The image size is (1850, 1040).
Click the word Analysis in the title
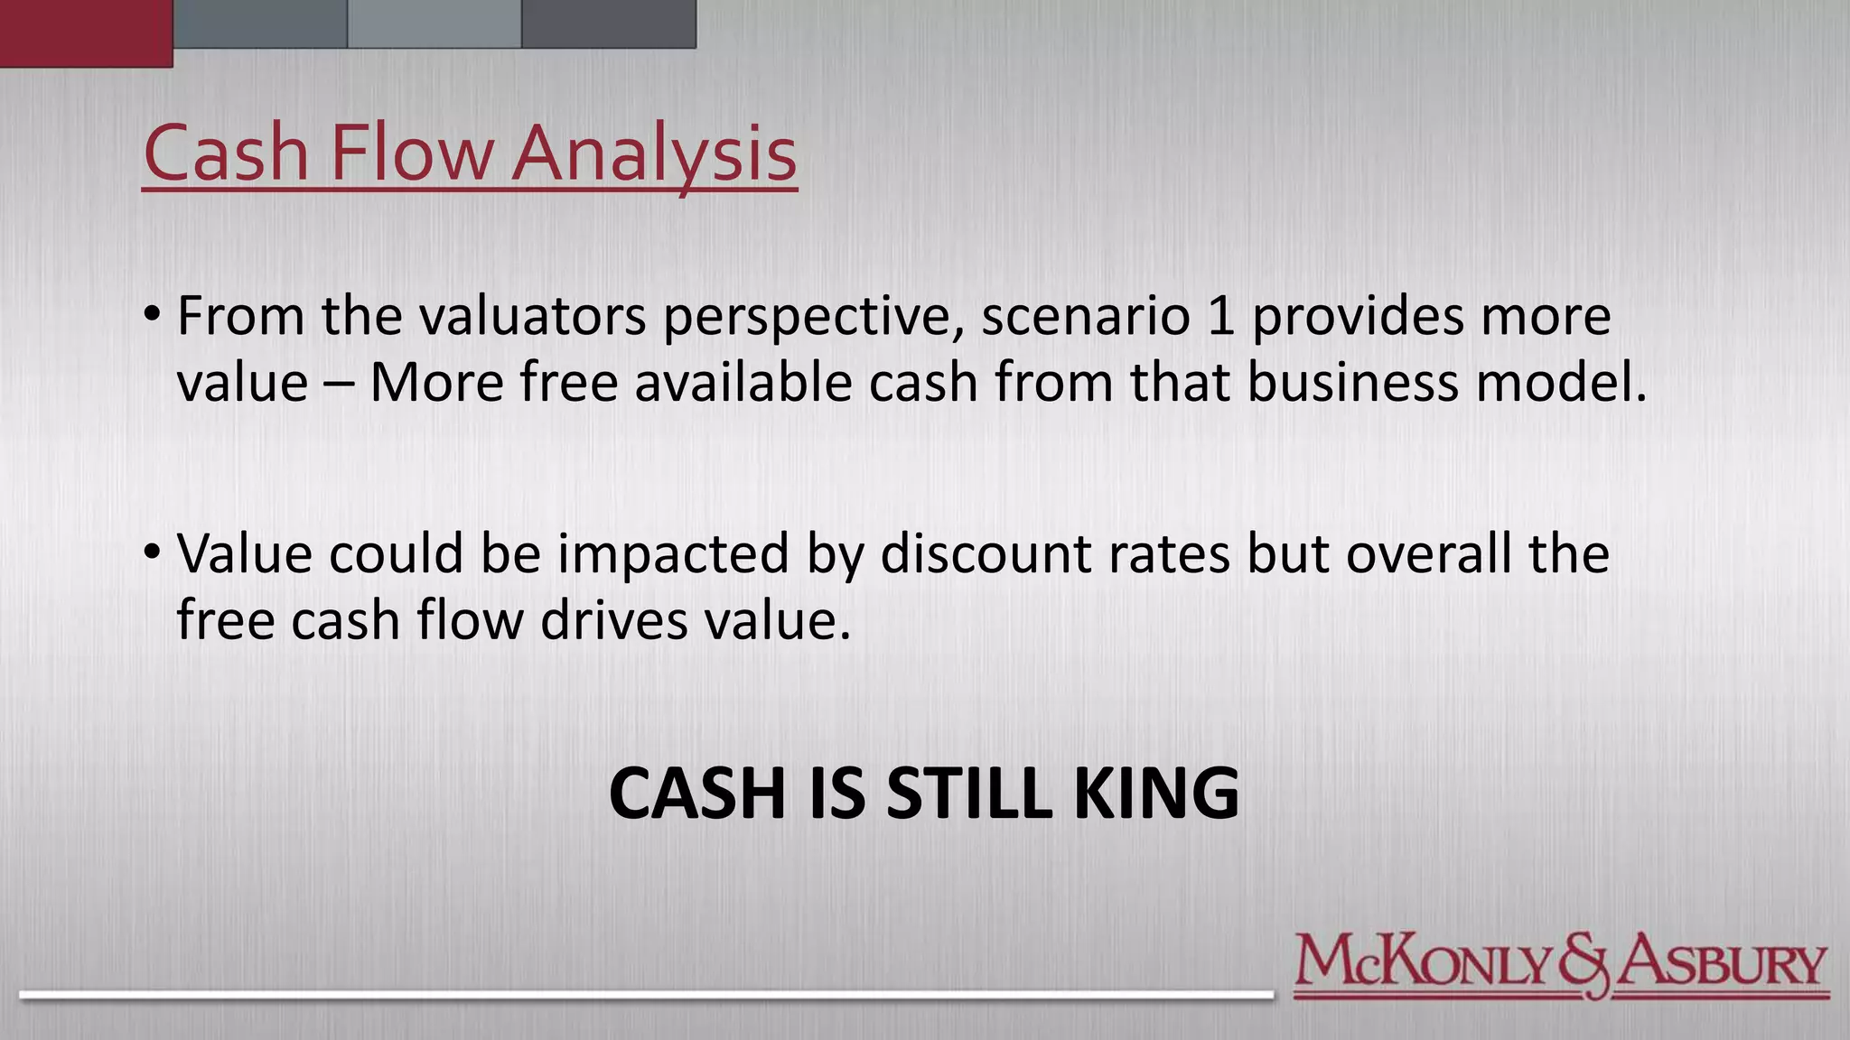[655, 153]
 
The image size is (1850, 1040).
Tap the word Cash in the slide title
[226, 153]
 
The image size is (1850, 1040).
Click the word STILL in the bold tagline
[969, 794]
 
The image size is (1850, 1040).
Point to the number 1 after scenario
[1220, 317]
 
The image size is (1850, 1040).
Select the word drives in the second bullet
[614, 620]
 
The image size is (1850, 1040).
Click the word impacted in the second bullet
[673, 555]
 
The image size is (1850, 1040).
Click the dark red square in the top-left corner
[86, 32]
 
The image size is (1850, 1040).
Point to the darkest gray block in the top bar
[609, 23]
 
